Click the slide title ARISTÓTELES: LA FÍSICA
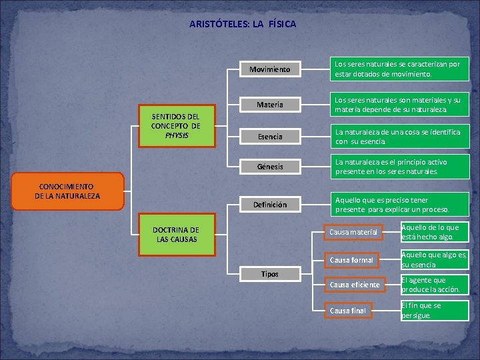tap(243, 24)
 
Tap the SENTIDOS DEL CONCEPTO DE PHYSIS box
tap(176, 126)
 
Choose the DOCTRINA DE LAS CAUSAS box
tap(176, 234)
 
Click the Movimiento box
tap(269, 69)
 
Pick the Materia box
tap(269, 105)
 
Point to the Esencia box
tap(269, 137)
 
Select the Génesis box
tap(269, 167)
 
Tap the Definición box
tap(269, 205)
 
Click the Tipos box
tap(269, 274)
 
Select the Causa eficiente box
tap(354, 285)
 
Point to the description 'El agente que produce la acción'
tap(433, 285)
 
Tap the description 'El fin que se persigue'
tap(433, 311)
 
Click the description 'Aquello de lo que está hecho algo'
tap(433, 232)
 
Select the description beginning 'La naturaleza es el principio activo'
tap(401, 167)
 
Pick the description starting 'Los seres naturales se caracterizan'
tap(401, 69)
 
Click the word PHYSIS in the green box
tap(176, 135)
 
